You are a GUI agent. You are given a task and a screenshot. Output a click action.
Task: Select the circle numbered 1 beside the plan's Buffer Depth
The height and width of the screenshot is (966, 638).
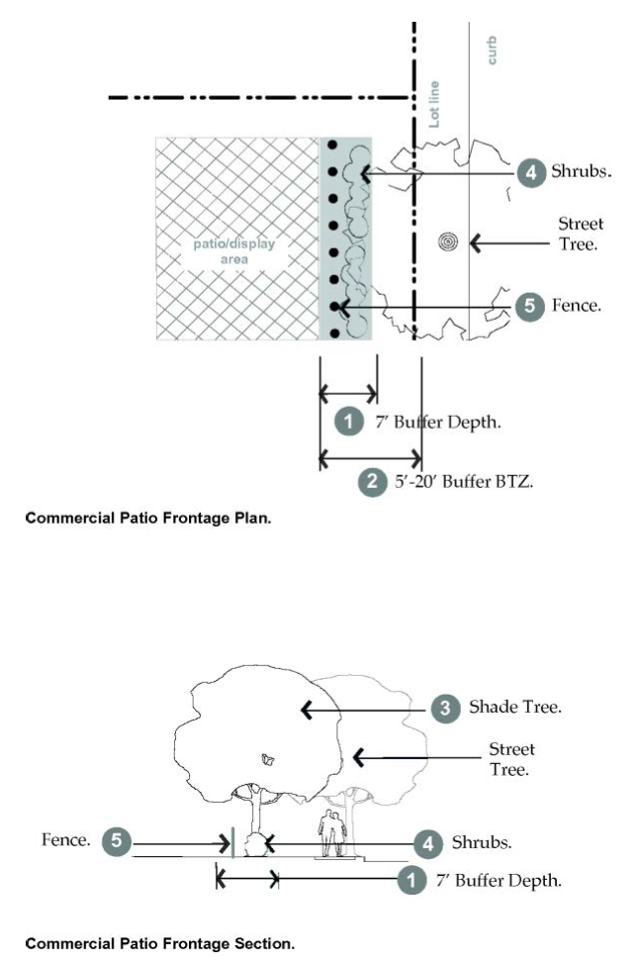pyautogui.click(x=348, y=423)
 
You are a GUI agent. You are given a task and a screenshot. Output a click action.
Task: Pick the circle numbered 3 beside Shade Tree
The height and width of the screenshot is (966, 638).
pyautogui.click(x=445, y=708)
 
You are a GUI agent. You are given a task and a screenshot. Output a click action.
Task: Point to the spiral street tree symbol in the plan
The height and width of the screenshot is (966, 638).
pyautogui.click(x=450, y=241)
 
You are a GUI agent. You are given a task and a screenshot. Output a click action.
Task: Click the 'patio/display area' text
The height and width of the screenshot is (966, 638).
pyautogui.click(x=220, y=251)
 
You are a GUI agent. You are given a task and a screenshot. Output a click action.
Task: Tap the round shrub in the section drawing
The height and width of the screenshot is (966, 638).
pyautogui.click(x=252, y=845)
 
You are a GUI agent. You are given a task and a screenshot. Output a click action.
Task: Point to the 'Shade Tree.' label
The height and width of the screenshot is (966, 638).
pyautogui.click(x=515, y=708)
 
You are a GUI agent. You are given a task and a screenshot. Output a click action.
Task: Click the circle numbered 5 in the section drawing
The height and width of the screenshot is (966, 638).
pyautogui.click(x=118, y=842)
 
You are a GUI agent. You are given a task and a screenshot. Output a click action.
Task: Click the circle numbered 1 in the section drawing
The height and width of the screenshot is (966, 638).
pyautogui.click(x=407, y=879)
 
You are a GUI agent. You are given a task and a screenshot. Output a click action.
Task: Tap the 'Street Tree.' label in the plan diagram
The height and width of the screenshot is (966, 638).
pyautogui.click(x=581, y=234)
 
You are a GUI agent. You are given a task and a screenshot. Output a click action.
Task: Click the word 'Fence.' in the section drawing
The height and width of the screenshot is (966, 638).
pyautogui.click(x=66, y=841)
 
